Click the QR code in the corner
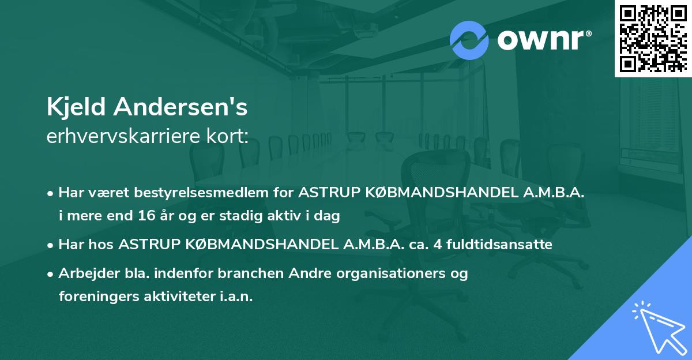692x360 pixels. point(653,38)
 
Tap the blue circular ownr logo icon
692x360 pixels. point(470,40)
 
